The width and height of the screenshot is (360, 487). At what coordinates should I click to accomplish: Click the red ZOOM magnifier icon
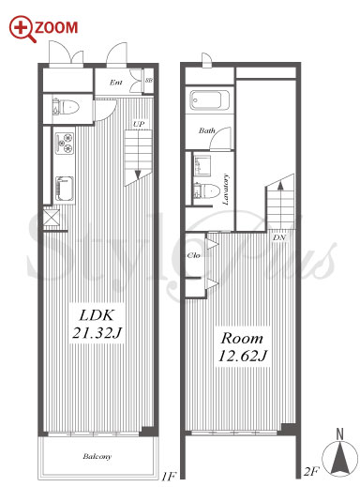[x=22, y=29]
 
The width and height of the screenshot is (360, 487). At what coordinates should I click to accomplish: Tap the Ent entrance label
[x=115, y=83]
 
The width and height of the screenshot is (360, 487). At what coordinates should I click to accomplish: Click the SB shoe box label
[x=149, y=80]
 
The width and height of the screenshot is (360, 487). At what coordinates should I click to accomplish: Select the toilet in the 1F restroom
[x=67, y=108]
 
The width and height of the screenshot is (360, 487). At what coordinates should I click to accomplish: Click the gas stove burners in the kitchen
[x=65, y=143]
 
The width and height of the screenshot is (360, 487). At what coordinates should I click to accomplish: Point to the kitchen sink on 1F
[x=65, y=189]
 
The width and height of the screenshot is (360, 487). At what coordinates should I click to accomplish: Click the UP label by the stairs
[x=139, y=124]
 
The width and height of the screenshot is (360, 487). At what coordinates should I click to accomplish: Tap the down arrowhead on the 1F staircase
[x=138, y=175]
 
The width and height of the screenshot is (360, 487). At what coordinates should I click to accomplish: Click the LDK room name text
[x=97, y=314]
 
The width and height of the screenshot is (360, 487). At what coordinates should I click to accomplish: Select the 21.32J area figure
[x=97, y=332]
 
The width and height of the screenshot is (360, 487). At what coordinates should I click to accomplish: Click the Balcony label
[x=97, y=456]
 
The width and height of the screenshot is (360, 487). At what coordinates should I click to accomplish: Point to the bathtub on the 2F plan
[x=209, y=100]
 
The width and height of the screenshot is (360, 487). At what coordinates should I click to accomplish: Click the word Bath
[x=207, y=130]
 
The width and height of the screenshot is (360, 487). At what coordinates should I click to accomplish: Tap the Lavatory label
[x=226, y=190]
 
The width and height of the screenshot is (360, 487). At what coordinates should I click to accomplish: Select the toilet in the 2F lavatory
[x=206, y=190]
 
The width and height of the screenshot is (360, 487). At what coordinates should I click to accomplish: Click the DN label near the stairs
[x=279, y=237]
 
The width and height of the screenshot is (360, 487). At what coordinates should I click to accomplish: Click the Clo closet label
[x=193, y=255]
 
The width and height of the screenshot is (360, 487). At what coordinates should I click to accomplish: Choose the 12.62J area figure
[x=243, y=356]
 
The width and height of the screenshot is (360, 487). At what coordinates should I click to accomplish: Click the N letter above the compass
[x=339, y=434]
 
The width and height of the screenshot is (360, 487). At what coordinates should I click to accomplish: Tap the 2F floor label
[x=311, y=471]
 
